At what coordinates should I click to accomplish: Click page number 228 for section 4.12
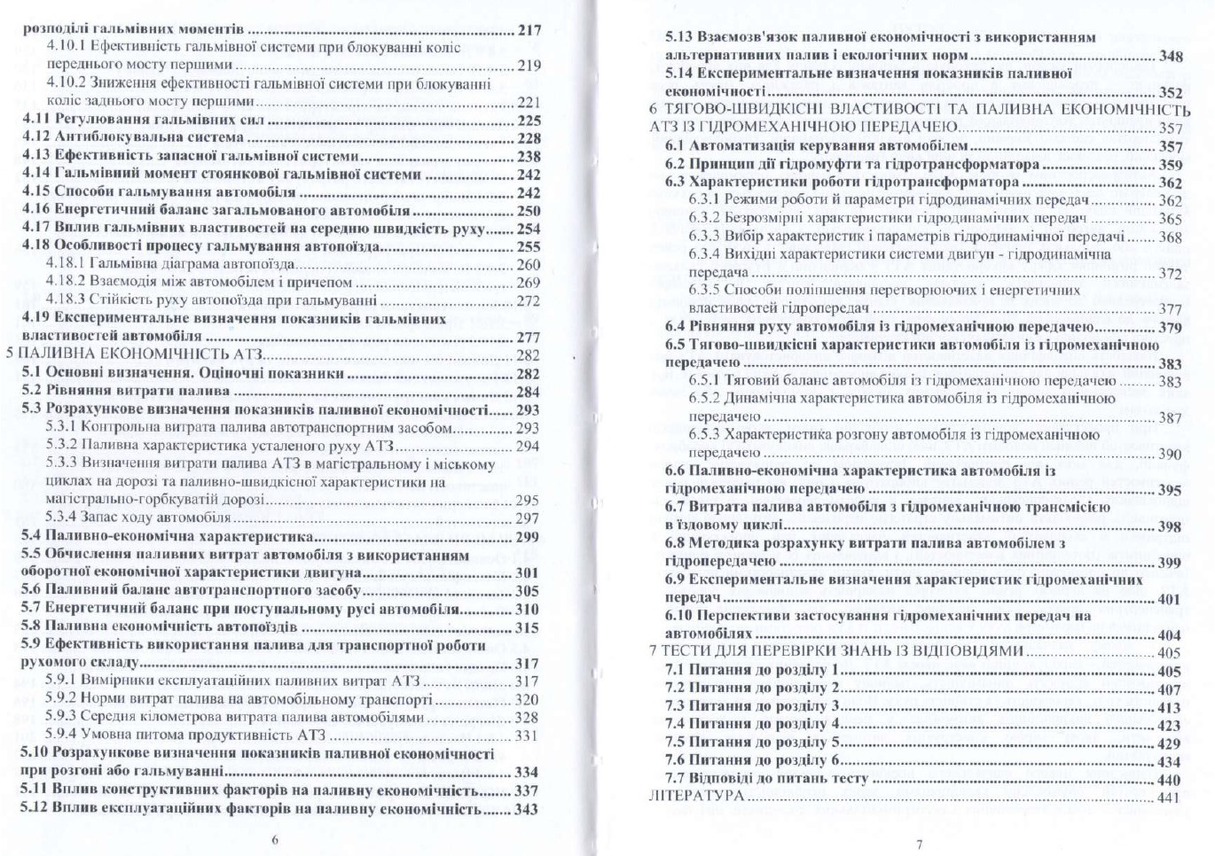pyautogui.click(x=529, y=138)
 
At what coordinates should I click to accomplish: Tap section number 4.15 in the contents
pyautogui.click(x=36, y=192)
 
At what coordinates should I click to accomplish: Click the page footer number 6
pyautogui.click(x=275, y=840)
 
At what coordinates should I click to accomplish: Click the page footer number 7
pyautogui.click(x=919, y=844)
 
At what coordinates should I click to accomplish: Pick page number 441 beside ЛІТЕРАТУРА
pyautogui.click(x=1170, y=798)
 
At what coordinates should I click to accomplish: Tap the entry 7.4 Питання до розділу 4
pyautogui.click(x=752, y=724)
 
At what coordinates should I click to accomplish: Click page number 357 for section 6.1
pyautogui.click(x=1171, y=147)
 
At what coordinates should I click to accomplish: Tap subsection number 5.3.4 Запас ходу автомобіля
pyautogui.click(x=60, y=518)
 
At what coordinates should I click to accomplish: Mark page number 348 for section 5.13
pyautogui.click(x=1171, y=57)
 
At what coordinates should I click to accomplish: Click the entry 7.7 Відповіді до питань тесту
pyautogui.click(x=766, y=779)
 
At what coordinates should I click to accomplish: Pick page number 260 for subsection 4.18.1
pyautogui.click(x=528, y=265)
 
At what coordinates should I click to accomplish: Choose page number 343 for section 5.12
pyautogui.click(x=527, y=809)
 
